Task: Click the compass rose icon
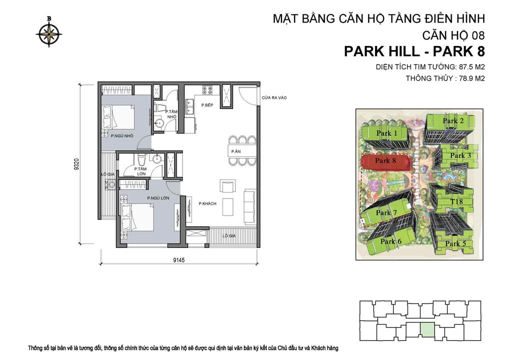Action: click(49, 33)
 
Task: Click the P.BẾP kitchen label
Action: click(208, 105)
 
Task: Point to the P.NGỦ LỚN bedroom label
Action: click(158, 198)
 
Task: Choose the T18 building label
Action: click(455, 201)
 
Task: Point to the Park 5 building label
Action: click(453, 244)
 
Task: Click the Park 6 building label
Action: click(390, 241)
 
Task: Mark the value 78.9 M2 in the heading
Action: click(466, 78)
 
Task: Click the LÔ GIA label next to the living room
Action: click(229, 235)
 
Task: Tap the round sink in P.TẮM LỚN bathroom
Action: click(157, 160)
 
